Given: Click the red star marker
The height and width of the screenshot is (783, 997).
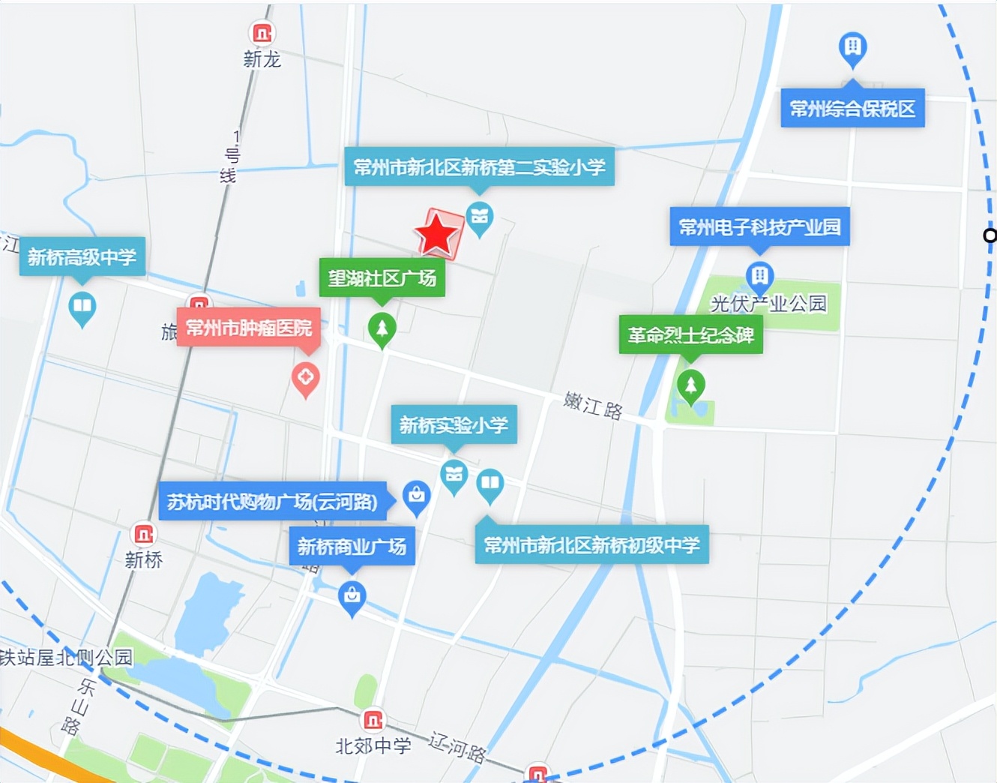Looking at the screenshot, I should coord(437,234).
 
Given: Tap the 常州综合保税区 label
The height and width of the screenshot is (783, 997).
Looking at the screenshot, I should coord(852,109).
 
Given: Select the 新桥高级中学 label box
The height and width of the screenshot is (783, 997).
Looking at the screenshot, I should coord(82,257).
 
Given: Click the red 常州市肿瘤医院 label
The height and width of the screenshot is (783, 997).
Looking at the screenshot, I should coord(249,328).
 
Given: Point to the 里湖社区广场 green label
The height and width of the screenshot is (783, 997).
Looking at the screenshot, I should coord(382,278).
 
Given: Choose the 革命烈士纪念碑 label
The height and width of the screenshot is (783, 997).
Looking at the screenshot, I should coord(690,335).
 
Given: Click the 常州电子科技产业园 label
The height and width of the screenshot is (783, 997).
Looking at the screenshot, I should coord(759,227).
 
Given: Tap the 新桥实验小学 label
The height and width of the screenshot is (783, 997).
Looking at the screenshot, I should coord(454,425).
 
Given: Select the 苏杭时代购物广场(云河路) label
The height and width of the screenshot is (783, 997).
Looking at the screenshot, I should coord(272,502).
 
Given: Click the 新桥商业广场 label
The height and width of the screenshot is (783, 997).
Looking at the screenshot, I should coord(352,547).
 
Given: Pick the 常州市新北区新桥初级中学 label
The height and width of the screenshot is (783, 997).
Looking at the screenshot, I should coord(591,545).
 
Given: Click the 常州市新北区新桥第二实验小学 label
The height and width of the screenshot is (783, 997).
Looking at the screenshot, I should coord(479,167).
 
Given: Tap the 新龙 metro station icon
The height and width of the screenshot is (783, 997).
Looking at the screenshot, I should coord(262,33).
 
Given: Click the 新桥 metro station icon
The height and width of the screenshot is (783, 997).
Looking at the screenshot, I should coord(143,534).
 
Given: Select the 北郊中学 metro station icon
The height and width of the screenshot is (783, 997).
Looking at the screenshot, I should coord(373,721).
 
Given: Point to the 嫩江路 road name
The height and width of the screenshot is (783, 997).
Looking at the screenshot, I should coord(593,406).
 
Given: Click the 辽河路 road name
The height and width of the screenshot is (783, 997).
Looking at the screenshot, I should coord(457,746).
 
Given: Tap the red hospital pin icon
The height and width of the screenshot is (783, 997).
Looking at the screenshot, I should coord(305,377).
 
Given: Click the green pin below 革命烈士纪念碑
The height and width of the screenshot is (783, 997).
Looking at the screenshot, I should coord(690,386).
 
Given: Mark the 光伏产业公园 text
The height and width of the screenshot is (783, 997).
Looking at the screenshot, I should coord(768,304).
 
